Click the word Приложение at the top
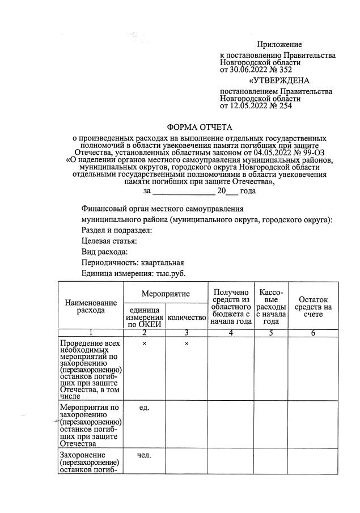279,44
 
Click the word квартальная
163,262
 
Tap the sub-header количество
186,318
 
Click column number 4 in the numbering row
230,333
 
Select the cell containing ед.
144,407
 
